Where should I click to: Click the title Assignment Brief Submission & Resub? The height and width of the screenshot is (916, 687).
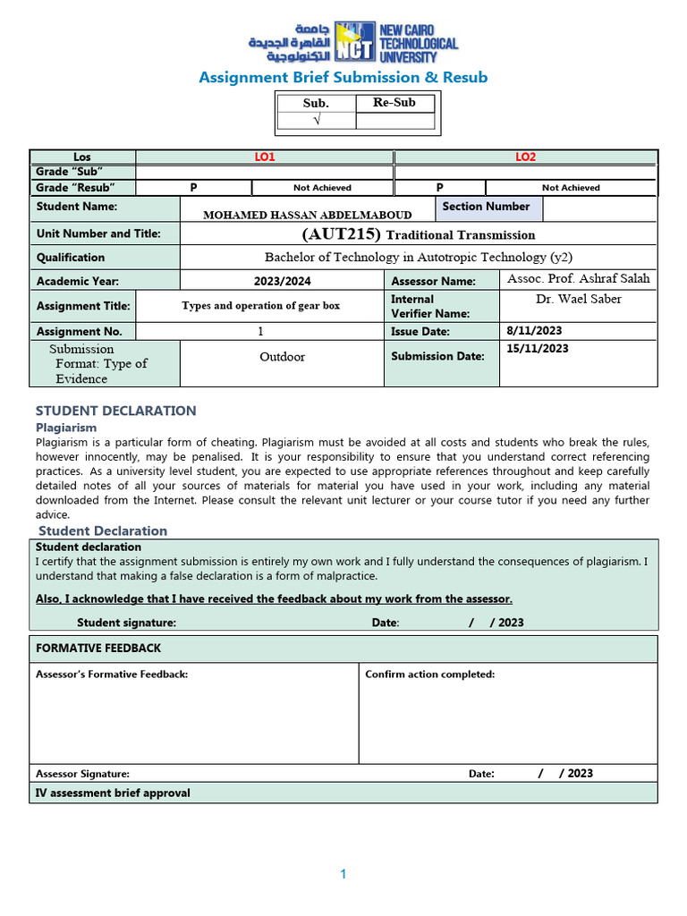point(343,78)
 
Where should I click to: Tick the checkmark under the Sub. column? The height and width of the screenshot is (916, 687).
point(316,121)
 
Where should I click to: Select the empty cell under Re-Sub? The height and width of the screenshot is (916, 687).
point(394,121)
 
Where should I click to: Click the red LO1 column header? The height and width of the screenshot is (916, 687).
point(265,157)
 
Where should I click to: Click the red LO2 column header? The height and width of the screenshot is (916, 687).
point(525,157)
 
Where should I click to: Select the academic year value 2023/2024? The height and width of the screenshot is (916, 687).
point(282,281)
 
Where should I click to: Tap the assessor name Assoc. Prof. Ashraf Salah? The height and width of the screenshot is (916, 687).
point(578,278)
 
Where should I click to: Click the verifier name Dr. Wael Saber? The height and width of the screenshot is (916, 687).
point(578,299)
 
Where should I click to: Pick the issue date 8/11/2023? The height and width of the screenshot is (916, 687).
point(534,331)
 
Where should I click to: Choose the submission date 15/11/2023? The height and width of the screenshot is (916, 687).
point(537,349)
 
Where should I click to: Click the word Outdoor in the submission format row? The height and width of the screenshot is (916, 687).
point(282,357)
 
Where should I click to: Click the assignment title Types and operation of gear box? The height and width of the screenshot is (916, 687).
point(260,306)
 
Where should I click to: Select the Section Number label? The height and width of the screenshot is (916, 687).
point(486,207)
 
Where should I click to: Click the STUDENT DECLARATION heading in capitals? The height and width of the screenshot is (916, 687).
point(115,411)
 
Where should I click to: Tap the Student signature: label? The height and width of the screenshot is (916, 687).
point(126,623)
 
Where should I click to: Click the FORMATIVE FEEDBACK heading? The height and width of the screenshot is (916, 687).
point(98,648)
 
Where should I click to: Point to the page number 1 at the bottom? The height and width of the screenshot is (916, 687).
point(343,875)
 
